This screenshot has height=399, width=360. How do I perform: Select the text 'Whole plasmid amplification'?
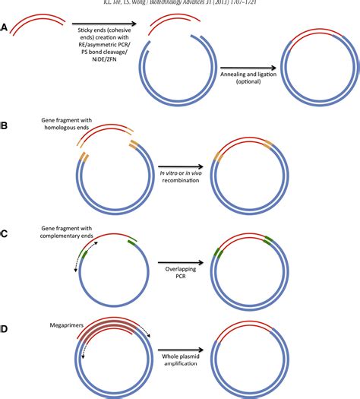175,366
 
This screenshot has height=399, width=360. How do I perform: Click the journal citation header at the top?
180,5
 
